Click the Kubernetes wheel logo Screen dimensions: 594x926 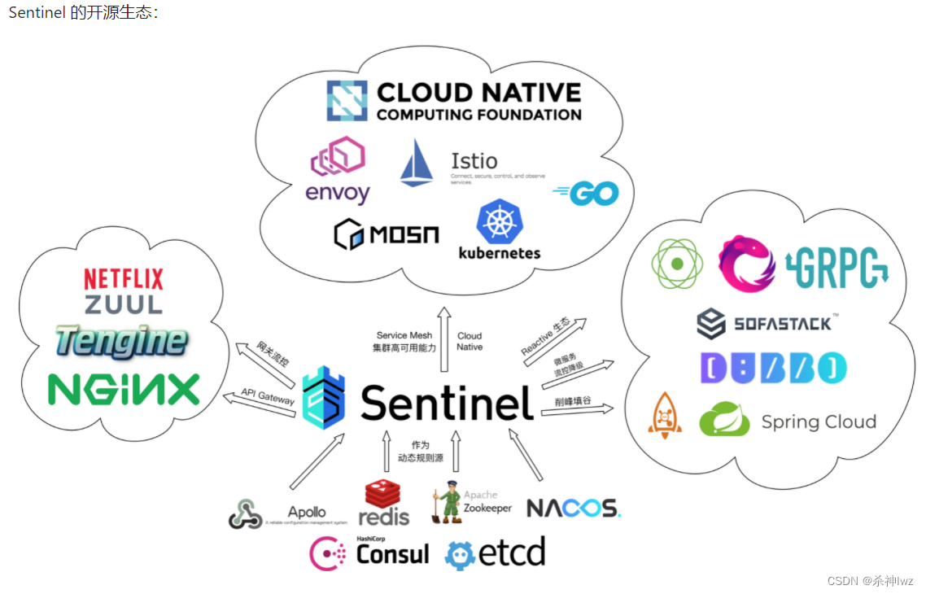[x=500, y=221]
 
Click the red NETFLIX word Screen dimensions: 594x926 [x=124, y=279]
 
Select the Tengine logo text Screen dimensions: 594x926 [x=122, y=341]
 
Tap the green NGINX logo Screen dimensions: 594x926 [x=124, y=389]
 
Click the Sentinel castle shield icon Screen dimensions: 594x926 [x=324, y=396]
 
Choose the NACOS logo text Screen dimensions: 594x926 [x=574, y=508]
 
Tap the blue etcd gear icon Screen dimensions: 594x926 [x=460, y=554]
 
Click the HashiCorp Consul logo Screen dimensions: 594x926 [x=369, y=553]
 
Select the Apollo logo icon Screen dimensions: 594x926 [x=245, y=513]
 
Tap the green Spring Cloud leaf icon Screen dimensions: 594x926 [x=724, y=421]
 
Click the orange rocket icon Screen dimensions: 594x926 [x=665, y=417]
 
